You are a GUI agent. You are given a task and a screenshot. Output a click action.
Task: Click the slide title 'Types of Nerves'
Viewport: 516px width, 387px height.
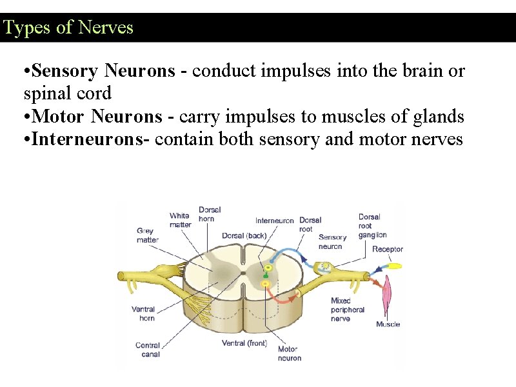[x=68, y=28]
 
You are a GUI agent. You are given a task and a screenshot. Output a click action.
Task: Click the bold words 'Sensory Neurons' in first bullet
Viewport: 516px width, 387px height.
[x=103, y=71]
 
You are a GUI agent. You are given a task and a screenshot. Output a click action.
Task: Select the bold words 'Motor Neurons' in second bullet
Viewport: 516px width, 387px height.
[x=97, y=117]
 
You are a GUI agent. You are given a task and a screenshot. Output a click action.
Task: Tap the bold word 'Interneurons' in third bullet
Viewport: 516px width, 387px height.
[x=90, y=139]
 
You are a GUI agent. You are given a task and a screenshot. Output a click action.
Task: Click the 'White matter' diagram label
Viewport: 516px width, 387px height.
[x=181, y=220]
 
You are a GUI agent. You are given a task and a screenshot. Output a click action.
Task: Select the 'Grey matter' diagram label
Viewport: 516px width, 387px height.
[x=147, y=235]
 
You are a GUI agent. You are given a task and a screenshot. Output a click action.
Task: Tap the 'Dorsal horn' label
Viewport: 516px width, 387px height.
[x=210, y=214]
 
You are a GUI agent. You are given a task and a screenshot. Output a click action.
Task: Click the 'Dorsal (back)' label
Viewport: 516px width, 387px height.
[x=244, y=235]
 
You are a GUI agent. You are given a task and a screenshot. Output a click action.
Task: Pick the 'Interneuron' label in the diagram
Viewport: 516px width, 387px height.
[x=275, y=221]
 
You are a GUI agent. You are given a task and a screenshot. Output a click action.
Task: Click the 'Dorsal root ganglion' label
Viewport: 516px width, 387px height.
[x=372, y=226]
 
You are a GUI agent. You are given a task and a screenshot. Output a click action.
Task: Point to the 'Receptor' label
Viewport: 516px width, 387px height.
[x=388, y=249]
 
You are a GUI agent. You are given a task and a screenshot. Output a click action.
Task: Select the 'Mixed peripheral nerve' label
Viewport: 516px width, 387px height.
[x=348, y=309]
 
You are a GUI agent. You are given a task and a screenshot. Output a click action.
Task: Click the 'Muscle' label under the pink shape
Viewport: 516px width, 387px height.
[x=388, y=324]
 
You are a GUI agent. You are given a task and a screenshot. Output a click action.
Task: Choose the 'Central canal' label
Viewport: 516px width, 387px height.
[x=148, y=350]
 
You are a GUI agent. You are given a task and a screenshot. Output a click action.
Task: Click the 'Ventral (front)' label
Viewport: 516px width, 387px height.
[x=244, y=343]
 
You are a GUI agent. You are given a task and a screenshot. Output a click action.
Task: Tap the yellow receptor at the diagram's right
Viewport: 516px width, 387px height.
[x=394, y=265]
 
